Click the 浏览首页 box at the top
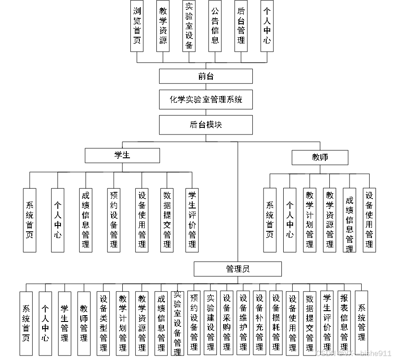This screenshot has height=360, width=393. point(137,26)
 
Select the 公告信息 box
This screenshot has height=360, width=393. point(215,26)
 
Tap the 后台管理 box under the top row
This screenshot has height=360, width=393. point(241,26)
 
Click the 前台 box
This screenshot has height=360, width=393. point(206,76)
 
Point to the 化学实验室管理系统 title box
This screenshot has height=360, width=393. point(206,100)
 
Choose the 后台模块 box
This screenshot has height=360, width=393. point(206,125)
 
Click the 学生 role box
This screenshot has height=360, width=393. point(122,156)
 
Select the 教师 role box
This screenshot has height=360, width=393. point(320,157)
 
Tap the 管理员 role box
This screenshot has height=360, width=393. point(238,269)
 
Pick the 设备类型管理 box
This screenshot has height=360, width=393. point(104,323)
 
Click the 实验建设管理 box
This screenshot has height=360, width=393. point(210,323)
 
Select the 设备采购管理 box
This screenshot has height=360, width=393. point(227,323)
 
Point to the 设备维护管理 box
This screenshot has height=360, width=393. point(243,323)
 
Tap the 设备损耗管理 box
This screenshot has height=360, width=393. point(276,323)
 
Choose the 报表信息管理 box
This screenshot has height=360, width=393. point(344,323)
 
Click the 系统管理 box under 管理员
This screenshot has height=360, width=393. point(361,323)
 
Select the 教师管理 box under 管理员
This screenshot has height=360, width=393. point(84,323)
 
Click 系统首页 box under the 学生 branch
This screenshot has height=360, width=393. point(30,220)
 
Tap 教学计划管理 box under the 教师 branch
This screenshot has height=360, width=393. point(310,220)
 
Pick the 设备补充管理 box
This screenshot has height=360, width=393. point(259,323)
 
